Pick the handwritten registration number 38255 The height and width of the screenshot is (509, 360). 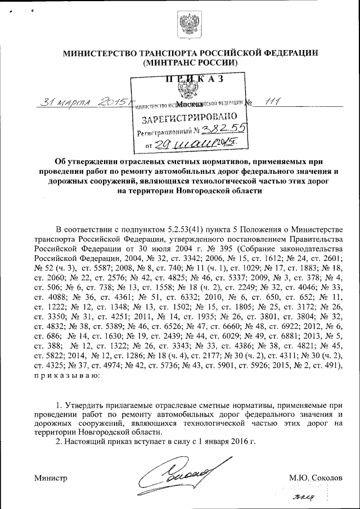pos(223,130)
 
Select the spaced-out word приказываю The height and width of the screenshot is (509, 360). pos(67,375)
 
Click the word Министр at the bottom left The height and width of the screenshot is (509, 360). pos(51,478)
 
